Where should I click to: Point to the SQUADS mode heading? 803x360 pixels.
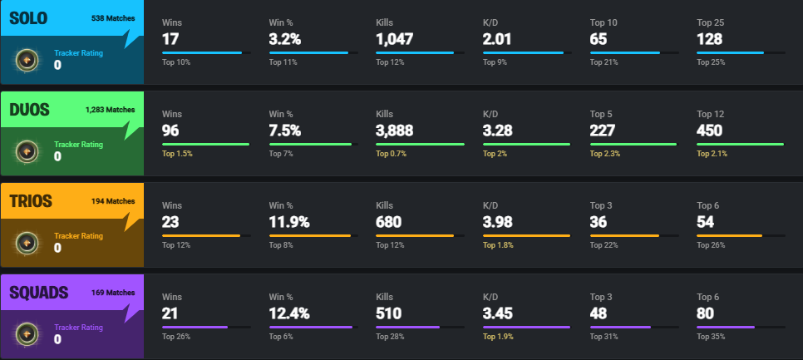pos(38,292)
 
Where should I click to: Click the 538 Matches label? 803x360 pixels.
pos(112,17)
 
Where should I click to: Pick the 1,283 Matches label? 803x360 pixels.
pos(110,109)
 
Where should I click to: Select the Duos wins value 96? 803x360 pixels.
pos(171,130)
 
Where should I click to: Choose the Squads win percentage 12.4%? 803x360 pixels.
pos(290,313)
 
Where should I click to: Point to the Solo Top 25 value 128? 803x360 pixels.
pos(710,38)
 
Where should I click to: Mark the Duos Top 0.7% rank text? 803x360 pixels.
pos(393,154)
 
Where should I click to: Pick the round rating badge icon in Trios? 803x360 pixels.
pos(27,242)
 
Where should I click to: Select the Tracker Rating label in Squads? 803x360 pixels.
pos(78,327)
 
